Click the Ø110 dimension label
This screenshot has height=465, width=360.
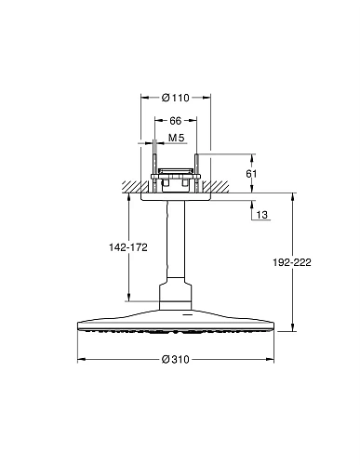[176, 98]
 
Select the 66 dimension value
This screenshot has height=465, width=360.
[176, 121]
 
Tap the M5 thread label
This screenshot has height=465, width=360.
[176, 138]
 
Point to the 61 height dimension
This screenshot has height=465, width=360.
[251, 174]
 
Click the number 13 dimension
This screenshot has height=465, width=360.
[262, 215]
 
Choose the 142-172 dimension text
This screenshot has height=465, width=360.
[128, 247]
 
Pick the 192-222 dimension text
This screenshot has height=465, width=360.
[292, 262]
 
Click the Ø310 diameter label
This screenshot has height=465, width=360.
[176, 359]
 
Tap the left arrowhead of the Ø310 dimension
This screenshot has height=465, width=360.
[81, 359]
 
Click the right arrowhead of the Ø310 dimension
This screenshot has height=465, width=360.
[271, 359]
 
